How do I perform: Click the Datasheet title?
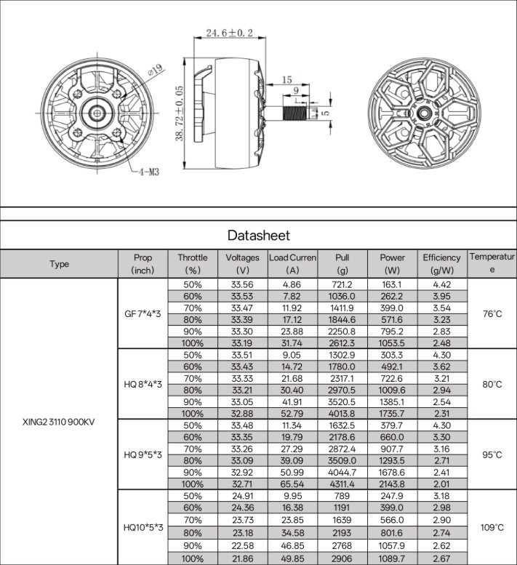259,236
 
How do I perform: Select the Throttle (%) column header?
193,264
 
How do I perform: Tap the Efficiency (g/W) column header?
441,264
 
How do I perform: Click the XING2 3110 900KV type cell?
58,422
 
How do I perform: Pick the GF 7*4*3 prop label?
143,314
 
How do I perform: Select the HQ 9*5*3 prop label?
143,454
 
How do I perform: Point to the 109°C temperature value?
492,527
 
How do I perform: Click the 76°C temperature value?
492,314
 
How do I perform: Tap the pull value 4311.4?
342,484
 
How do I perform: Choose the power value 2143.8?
392,484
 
